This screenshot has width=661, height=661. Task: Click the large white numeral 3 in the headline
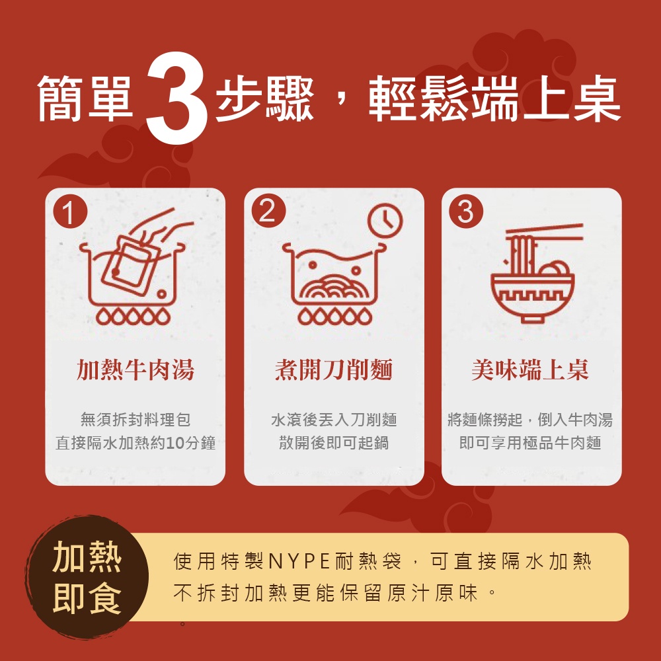pyautogui.click(x=177, y=98)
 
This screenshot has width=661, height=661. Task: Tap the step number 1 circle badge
pyautogui.click(x=70, y=212)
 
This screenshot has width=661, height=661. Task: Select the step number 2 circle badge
pyautogui.click(x=268, y=211)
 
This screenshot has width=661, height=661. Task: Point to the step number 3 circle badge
pyautogui.click(x=466, y=212)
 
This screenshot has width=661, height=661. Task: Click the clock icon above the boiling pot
pyautogui.click(x=385, y=221)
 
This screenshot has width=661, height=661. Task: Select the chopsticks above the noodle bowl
pyautogui.click(x=544, y=233)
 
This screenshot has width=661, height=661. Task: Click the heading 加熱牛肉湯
pyautogui.click(x=136, y=369)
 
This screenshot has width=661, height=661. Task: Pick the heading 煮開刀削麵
pyautogui.click(x=334, y=369)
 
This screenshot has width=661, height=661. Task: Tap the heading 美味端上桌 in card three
pyautogui.click(x=530, y=369)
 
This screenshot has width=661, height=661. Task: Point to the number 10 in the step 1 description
pyautogui.click(x=174, y=443)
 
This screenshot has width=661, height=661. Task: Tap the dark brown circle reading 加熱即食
pyautogui.click(x=87, y=578)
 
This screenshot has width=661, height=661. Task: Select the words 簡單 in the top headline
pyautogui.click(x=85, y=98)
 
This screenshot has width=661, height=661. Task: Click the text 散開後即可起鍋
pyautogui.click(x=334, y=443)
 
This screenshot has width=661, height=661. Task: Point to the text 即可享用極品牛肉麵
pyautogui.click(x=530, y=443)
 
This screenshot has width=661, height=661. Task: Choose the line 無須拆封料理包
pyautogui.click(x=136, y=420)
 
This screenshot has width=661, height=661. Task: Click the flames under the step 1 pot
pyautogui.click(x=134, y=316)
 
